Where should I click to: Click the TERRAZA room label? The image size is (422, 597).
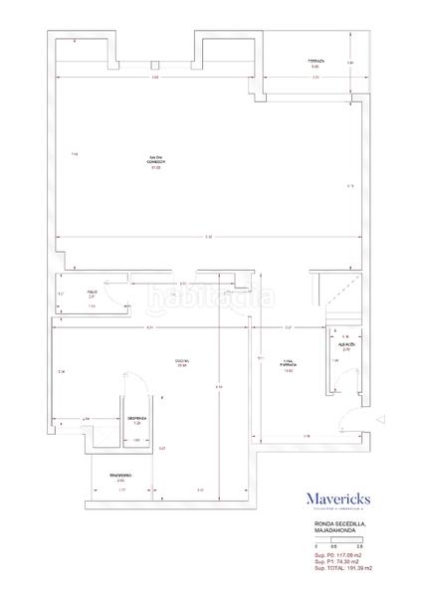pos(315,64)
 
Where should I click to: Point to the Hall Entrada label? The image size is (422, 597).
pos(289,364)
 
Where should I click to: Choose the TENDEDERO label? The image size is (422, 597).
pos(120,479)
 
